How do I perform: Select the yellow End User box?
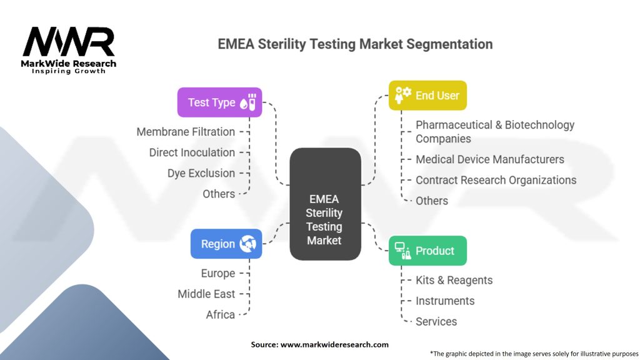(x=427, y=96)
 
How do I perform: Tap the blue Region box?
(x=226, y=244)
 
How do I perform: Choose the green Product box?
(x=427, y=251)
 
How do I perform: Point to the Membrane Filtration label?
(x=186, y=132)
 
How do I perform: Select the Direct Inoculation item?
(x=192, y=152)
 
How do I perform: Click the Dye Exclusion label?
(x=201, y=173)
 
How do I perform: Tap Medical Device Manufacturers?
(x=490, y=159)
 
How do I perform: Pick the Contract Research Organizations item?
(x=496, y=180)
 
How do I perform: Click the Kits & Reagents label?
(x=454, y=281)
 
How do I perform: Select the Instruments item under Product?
(x=445, y=301)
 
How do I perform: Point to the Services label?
(x=436, y=322)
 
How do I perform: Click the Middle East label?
(x=206, y=294)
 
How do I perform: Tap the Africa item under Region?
(x=221, y=315)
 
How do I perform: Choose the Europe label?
(x=218, y=273)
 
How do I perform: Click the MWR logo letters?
(x=69, y=42)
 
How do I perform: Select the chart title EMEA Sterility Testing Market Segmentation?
(x=355, y=44)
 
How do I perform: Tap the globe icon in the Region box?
(x=247, y=244)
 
